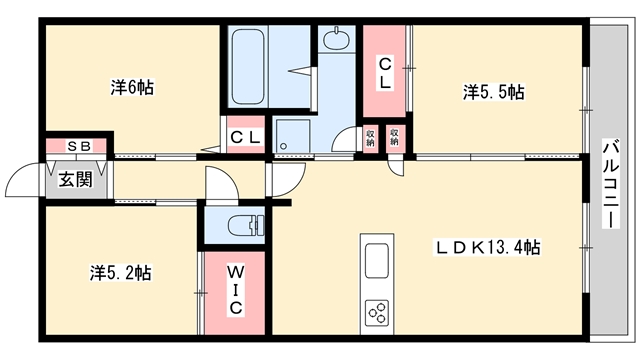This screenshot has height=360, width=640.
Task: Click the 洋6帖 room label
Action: point(132,87)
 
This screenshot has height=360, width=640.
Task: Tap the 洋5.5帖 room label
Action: point(493,92)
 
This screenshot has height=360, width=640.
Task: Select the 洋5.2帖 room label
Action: point(120,272)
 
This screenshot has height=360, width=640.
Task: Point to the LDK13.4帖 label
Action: point(487,247)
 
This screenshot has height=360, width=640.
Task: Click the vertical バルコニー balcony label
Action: point(611,184)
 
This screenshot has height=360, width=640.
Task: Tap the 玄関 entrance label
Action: point(76,180)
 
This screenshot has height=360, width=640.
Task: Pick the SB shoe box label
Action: point(79,146)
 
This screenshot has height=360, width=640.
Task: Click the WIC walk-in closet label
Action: point(235,290)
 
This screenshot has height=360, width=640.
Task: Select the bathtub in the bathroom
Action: point(248,66)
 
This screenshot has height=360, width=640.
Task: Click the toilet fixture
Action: point(246,226)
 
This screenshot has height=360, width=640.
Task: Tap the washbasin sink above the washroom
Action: point(336,39)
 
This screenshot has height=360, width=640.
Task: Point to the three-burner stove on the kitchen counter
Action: point(378,313)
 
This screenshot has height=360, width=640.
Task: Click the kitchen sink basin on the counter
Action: point(377,261)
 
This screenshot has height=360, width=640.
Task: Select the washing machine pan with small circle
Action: point(292,136)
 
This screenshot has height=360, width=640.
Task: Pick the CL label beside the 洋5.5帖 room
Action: point(385,73)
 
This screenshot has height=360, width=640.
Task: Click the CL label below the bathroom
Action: point(245,137)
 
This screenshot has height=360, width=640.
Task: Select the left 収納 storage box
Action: point(370,138)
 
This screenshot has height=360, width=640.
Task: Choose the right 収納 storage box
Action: point(394,138)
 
